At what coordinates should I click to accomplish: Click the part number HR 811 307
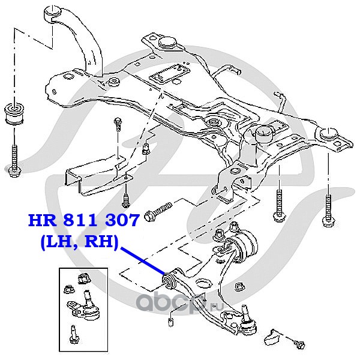pos(83,220)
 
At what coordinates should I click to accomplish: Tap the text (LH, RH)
pos(79,242)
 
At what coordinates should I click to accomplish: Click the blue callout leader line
pos(143,261)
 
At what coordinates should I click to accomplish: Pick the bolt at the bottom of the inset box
pos(74,335)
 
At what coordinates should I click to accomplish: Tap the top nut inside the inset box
pos(84,278)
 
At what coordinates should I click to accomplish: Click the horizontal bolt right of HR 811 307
pos(158,211)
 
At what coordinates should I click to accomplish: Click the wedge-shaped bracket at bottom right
pos(271,336)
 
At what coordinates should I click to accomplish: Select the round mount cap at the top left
pos(53,14)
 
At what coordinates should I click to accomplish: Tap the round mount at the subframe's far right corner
pos(329,134)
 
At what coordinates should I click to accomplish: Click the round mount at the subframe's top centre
pos(167,43)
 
